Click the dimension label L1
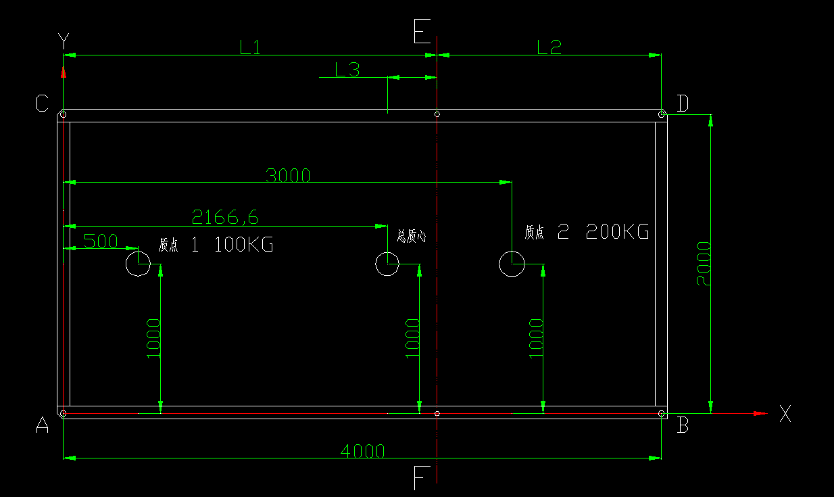click(250, 47)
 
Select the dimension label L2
click(549, 47)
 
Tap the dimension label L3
click(347, 69)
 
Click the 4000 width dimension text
click(362, 451)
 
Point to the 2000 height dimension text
click(704, 263)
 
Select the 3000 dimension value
click(288, 176)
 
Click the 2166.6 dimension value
click(225, 217)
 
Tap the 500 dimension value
click(100, 241)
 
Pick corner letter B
click(683, 425)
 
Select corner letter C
click(42, 103)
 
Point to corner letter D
click(683, 103)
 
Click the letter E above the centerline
click(422, 31)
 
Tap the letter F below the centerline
click(420, 479)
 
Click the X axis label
click(785, 413)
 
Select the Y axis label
click(64, 42)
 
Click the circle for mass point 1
click(138, 264)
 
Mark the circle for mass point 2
click(512, 264)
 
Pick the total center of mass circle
click(387, 264)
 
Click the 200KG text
click(617, 232)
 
